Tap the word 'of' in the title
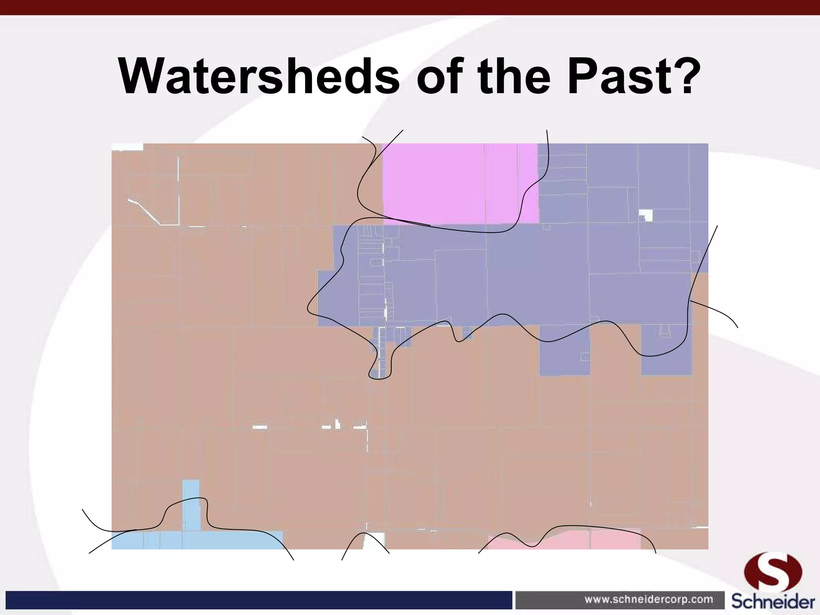pos(441,76)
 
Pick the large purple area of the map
pos(541,276)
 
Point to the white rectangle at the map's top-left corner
pos(127,147)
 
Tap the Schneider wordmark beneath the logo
pos(773,602)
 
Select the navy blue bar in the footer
pos(256,600)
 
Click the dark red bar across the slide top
pos(410,7)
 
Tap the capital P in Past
pos(580,76)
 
